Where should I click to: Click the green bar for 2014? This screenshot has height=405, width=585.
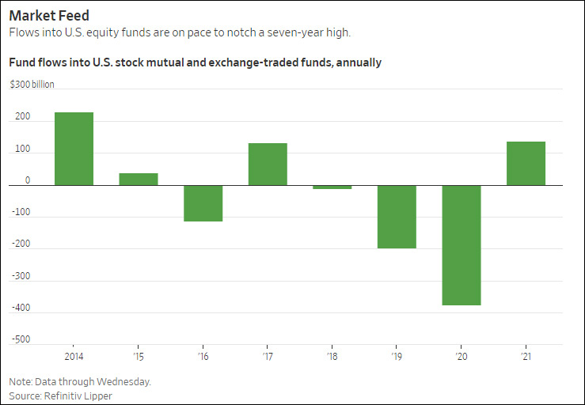pos(74,149)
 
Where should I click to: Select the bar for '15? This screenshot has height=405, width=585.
pos(139,179)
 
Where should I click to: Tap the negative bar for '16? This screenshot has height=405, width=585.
pos(203,203)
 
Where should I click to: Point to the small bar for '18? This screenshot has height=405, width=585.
pos(332,187)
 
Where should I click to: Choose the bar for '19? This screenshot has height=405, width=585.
pos(397,217)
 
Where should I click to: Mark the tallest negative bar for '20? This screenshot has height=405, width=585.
pos(462,245)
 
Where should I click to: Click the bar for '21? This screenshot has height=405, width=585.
pos(526,163)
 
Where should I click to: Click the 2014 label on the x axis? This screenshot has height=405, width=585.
pos(74,355)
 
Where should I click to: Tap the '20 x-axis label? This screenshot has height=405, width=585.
pos(462,355)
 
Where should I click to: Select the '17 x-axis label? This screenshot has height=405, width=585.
pos(268,355)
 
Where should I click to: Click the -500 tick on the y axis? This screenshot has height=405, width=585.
pos(21,339)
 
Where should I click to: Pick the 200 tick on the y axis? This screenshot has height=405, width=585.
pos(22,117)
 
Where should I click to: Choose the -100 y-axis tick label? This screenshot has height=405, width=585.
pos(21,213)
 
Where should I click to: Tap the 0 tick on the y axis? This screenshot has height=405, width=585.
pos(27,180)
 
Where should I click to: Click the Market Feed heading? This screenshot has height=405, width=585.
pos(49,15)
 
